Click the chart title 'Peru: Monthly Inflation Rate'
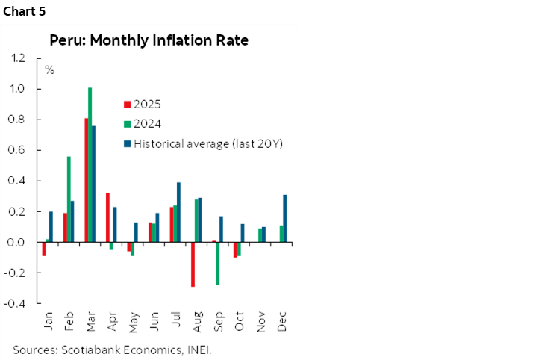[x=149, y=40]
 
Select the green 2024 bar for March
[x=90, y=165]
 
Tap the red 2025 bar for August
[x=193, y=264]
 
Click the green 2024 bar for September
[x=218, y=264]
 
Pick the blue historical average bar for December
[x=285, y=218]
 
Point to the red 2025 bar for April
[x=107, y=217]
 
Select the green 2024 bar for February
[x=69, y=199]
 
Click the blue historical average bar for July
[x=178, y=212]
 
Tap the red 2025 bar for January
[x=43, y=249]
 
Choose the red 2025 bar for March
[x=86, y=180]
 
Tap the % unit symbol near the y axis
[x=50, y=71]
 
